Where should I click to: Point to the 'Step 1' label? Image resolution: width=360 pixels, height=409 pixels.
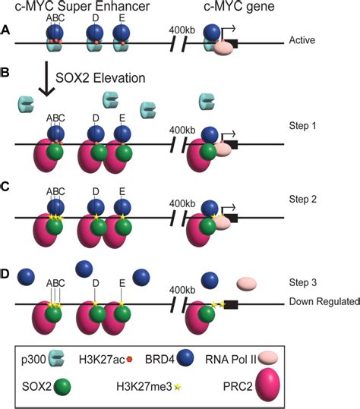(x=304, y=124)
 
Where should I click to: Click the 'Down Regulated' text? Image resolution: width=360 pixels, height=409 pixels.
(x=324, y=301)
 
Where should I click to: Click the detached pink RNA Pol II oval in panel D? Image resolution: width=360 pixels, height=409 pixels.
(x=248, y=285)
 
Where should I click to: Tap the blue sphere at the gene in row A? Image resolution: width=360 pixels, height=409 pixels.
(x=213, y=34)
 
